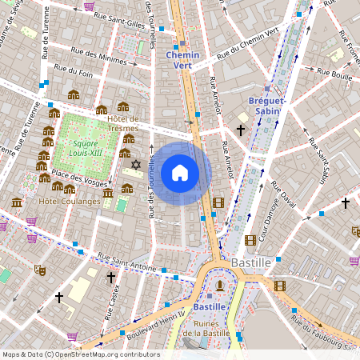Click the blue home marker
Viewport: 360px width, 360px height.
(x=180, y=173)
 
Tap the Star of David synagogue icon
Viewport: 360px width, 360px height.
(x=135, y=165)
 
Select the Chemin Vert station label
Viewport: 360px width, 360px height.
(x=182, y=55)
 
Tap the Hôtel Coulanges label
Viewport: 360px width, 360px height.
(x=70, y=201)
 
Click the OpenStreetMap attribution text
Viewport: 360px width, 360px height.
(x=80, y=354)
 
